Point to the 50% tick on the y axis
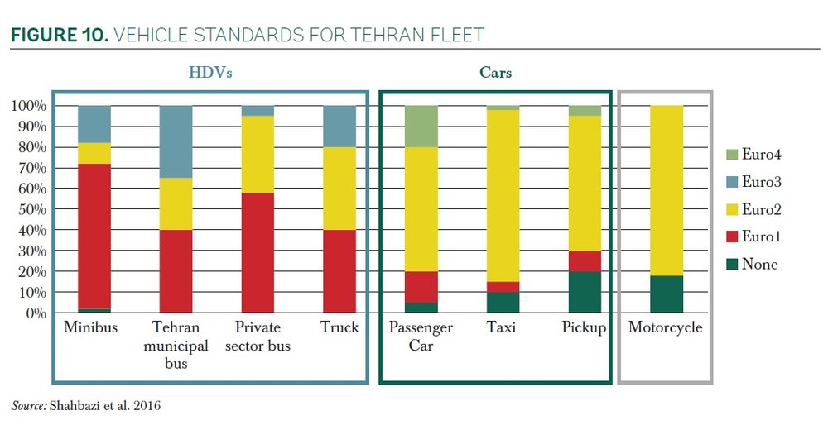(x=31, y=209)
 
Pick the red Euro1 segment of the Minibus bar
(x=94, y=236)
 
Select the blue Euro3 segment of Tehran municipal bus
(x=175, y=141)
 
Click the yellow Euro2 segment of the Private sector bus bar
(x=257, y=154)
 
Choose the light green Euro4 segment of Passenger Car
(x=421, y=127)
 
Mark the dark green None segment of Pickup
(x=584, y=292)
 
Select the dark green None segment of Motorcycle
(x=666, y=294)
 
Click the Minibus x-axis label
(x=91, y=327)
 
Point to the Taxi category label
(x=502, y=327)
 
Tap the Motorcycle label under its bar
(x=665, y=327)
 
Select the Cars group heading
(x=496, y=73)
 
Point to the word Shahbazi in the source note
(x=79, y=406)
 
